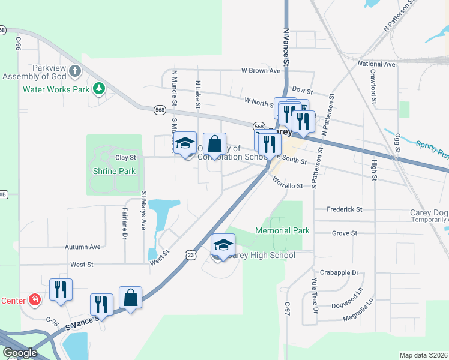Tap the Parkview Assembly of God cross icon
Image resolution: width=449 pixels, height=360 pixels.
click(x=74, y=72)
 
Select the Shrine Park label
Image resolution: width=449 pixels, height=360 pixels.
click(x=114, y=171)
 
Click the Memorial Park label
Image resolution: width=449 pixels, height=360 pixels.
click(x=282, y=230)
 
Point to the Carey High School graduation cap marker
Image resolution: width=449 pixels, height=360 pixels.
click(x=223, y=245)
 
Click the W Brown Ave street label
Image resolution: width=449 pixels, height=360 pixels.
click(x=262, y=71)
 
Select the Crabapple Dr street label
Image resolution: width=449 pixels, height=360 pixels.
click(x=339, y=272)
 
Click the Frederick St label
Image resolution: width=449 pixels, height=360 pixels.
click(x=345, y=209)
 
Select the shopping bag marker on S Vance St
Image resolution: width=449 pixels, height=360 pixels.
click(x=131, y=298)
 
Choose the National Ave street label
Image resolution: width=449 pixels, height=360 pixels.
click(x=376, y=64)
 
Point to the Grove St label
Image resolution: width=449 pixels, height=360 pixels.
click(x=345, y=233)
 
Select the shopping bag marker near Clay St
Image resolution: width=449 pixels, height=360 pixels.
click(x=214, y=144)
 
